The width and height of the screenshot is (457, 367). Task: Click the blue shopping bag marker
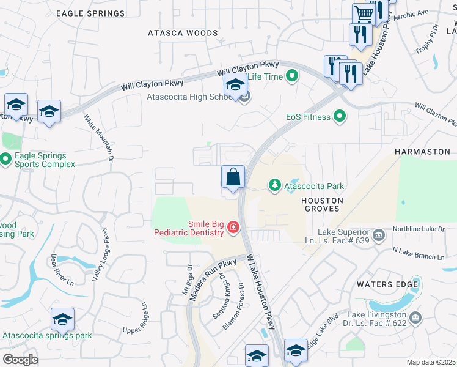pyautogui.click(x=233, y=177)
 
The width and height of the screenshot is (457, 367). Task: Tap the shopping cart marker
pyautogui.click(x=364, y=14)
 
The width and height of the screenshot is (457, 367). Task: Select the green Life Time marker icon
pyautogui.click(x=292, y=76)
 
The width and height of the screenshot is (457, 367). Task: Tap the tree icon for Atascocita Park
pyautogui.click(x=275, y=185)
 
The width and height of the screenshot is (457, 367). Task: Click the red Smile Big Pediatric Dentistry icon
pyautogui.click(x=232, y=228)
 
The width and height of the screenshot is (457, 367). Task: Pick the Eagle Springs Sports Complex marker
pyautogui.click(x=5, y=160)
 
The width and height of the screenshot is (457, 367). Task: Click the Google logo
pyautogui.click(x=20, y=359)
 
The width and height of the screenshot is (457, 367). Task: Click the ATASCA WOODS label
pyautogui.click(x=183, y=33)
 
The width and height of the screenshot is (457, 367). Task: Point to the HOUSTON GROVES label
pyautogui.click(x=321, y=204)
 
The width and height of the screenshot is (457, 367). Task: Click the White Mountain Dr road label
pyautogui.click(x=99, y=139)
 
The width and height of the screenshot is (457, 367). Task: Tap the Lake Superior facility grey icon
pyautogui.click(x=378, y=234)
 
